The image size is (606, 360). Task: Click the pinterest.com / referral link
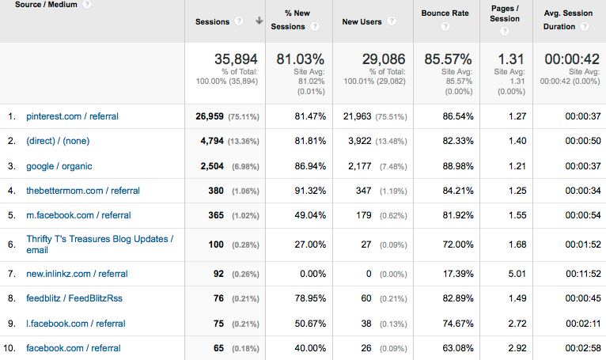(72, 116)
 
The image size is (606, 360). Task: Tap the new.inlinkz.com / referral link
(77, 274)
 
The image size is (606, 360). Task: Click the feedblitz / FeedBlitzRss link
(74, 298)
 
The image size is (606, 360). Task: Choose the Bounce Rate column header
(445, 13)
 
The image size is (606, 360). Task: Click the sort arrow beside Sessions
(259, 21)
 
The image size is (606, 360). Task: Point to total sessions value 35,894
(237, 59)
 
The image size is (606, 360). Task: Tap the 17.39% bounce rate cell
(456, 274)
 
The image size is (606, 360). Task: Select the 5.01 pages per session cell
(516, 274)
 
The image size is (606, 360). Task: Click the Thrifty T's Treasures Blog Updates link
(99, 244)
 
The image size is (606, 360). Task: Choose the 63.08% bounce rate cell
(456, 348)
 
